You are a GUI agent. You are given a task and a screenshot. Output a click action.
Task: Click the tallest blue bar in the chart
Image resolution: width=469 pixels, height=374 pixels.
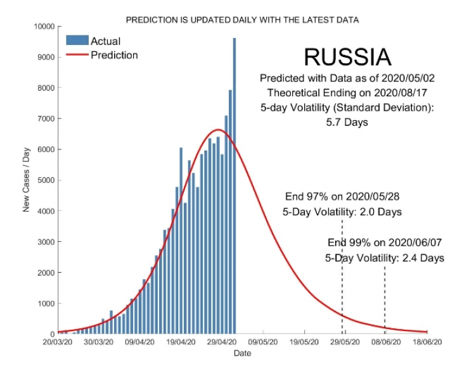234,184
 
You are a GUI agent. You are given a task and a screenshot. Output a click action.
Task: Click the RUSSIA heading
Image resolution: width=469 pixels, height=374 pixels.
347,57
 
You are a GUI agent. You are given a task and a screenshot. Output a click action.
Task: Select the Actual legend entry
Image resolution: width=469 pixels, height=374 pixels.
105,41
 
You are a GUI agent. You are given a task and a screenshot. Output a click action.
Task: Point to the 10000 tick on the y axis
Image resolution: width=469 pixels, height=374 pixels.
43,27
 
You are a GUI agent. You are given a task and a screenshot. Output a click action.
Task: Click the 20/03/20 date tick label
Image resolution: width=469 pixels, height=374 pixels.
58,342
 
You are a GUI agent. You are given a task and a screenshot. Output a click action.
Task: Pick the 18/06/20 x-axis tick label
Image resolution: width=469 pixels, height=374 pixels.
427,342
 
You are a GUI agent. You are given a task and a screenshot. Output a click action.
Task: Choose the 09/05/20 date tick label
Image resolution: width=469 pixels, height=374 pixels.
263,342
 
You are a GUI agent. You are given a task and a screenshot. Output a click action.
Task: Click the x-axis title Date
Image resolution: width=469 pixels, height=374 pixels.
242,353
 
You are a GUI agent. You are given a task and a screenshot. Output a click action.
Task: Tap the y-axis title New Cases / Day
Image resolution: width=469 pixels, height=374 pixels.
27,181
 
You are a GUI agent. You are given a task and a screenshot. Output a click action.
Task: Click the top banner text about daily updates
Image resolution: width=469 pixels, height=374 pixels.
242,20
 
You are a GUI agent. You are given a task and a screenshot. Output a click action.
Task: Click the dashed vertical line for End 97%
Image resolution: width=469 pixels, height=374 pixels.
342,278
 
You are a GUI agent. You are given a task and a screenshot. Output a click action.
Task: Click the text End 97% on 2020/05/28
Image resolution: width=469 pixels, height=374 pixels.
342,196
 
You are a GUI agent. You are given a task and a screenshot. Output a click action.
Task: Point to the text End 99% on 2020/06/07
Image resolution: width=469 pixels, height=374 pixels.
385,242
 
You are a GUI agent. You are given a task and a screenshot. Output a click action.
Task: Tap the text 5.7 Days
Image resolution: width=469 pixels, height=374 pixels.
347,122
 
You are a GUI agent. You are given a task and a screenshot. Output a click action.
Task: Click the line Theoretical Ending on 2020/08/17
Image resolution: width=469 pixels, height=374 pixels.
347,92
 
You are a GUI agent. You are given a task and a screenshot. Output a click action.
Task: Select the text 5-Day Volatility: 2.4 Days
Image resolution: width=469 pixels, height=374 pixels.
385,258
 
